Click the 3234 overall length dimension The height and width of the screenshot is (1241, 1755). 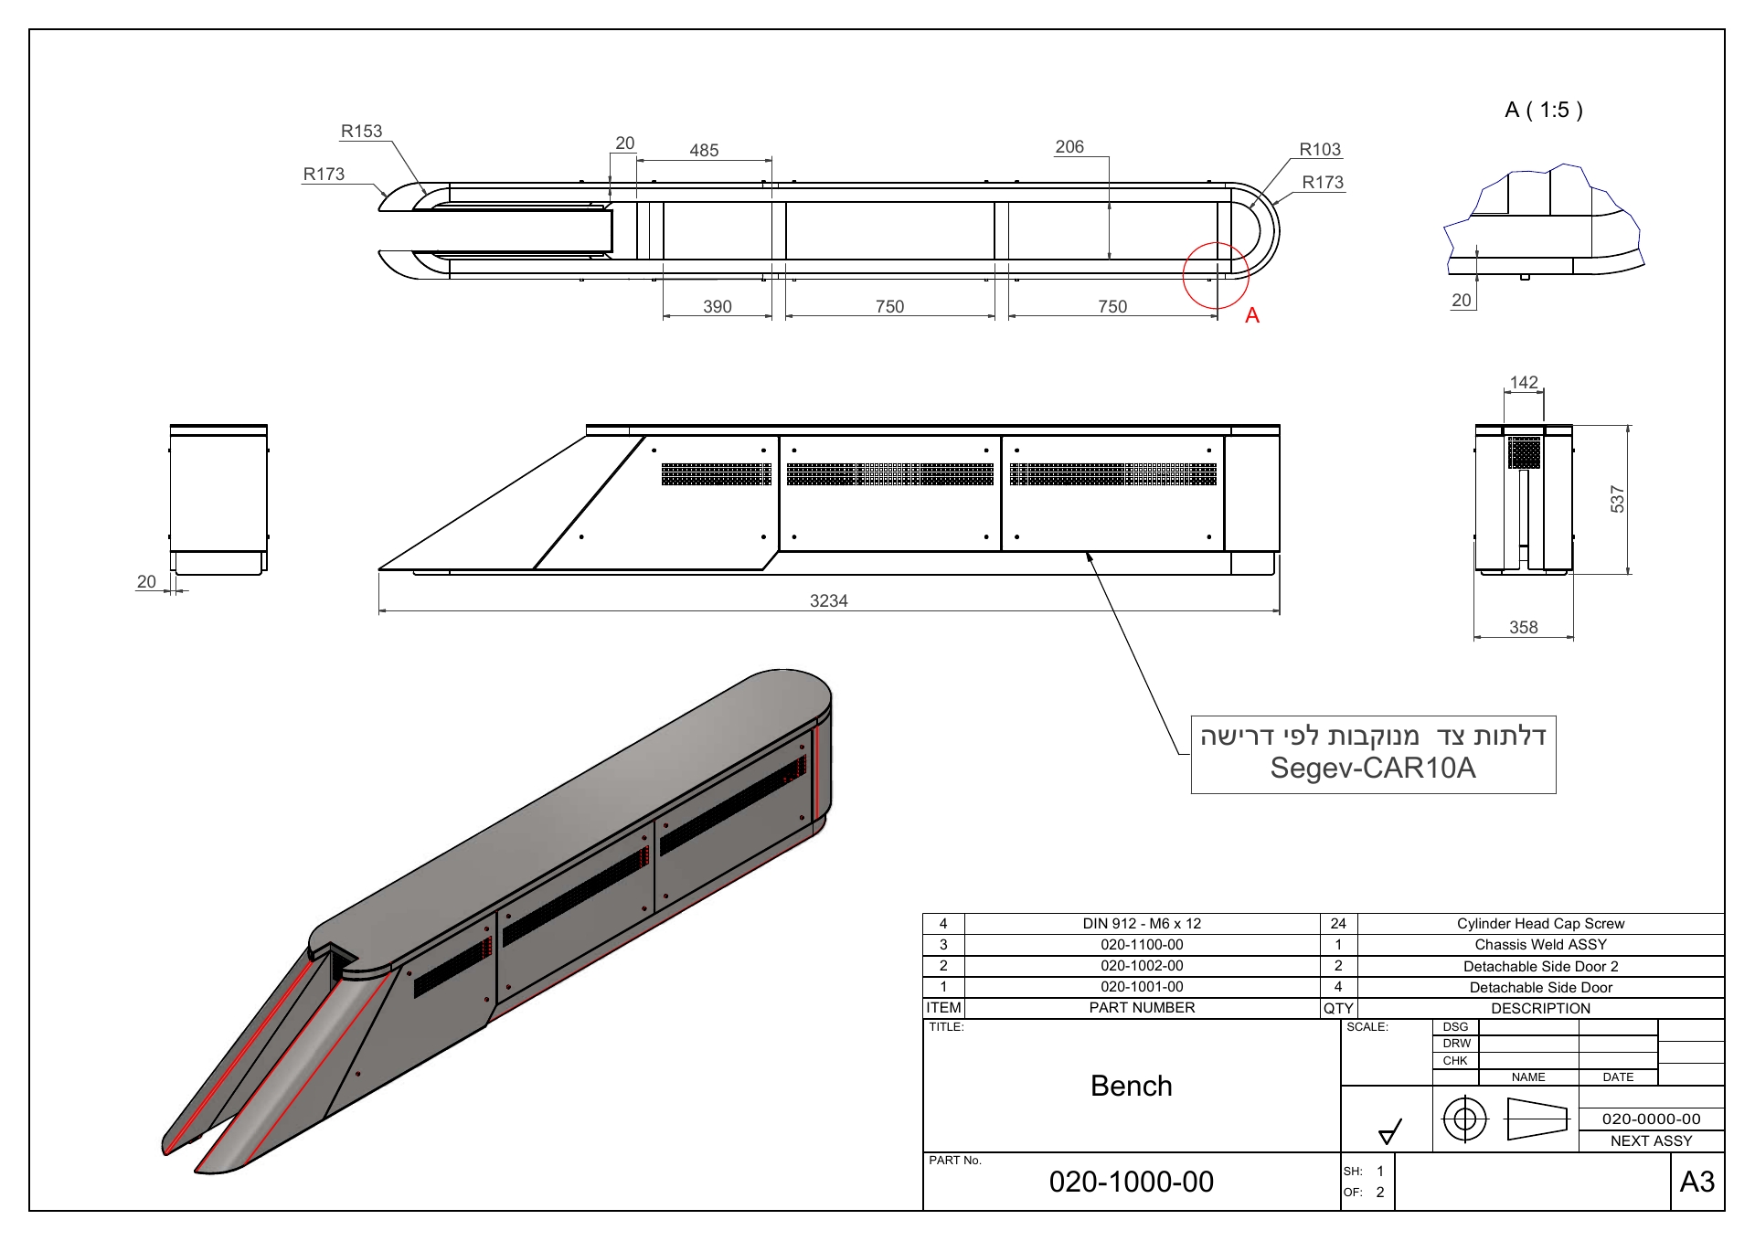(x=828, y=600)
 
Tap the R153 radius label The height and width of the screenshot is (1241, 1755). (x=361, y=131)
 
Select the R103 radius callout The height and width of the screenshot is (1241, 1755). (x=1320, y=149)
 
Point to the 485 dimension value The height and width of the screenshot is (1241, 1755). (x=704, y=150)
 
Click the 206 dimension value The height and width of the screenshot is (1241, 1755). (x=1069, y=146)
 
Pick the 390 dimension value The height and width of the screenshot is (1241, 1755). (x=718, y=306)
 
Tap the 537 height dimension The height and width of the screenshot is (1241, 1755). (x=1617, y=499)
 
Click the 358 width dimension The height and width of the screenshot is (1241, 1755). (x=1524, y=627)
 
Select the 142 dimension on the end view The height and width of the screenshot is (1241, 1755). (x=1524, y=382)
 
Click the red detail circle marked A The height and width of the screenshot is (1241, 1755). (x=1216, y=242)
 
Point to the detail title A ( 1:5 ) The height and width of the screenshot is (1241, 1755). (x=1544, y=110)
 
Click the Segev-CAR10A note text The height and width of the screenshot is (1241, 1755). (x=1373, y=768)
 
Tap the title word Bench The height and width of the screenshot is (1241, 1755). (x=1132, y=1086)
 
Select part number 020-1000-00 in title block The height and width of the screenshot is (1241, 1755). (x=1132, y=1182)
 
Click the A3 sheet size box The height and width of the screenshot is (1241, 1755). (x=1697, y=1182)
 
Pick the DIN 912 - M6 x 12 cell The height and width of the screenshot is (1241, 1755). (x=1142, y=923)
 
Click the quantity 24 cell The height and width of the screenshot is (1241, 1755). (x=1338, y=923)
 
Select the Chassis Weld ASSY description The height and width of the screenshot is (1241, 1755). (x=1541, y=944)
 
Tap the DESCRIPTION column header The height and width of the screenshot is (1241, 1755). (x=1541, y=1008)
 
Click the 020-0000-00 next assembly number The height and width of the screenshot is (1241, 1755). (x=1652, y=1119)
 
